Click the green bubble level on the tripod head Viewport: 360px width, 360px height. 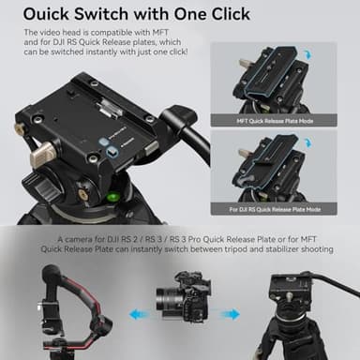[x=113, y=195]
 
